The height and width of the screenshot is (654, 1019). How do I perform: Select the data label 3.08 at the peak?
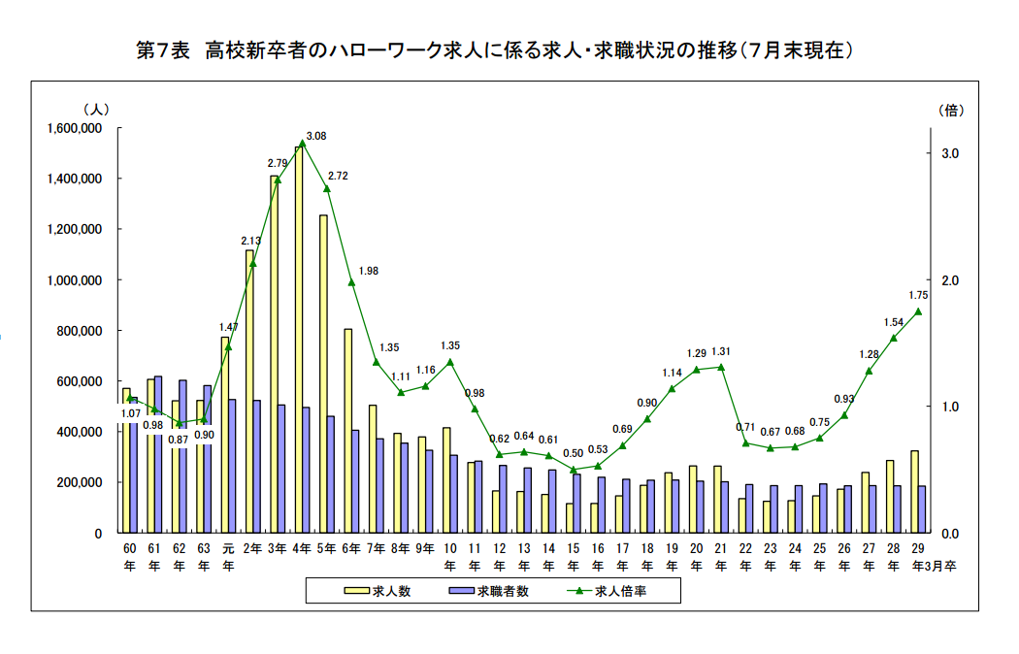(x=315, y=136)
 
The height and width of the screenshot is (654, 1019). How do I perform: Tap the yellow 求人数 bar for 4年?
(x=299, y=340)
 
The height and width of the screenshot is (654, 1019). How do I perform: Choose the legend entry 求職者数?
(x=503, y=591)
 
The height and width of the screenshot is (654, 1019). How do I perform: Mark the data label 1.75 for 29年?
(x=919, y=295)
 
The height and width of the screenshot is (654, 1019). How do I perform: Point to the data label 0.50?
(x=574, y=453)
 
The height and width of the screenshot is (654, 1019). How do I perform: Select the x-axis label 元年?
(x=227, y=556)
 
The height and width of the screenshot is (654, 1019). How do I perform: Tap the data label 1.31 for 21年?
(x=721, y=351)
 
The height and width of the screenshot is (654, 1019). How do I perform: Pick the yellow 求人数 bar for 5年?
(x=323, y=374)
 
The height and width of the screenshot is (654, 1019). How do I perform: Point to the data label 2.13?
(x=250, y=241)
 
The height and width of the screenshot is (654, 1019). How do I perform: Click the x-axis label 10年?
(x=450, y=556)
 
